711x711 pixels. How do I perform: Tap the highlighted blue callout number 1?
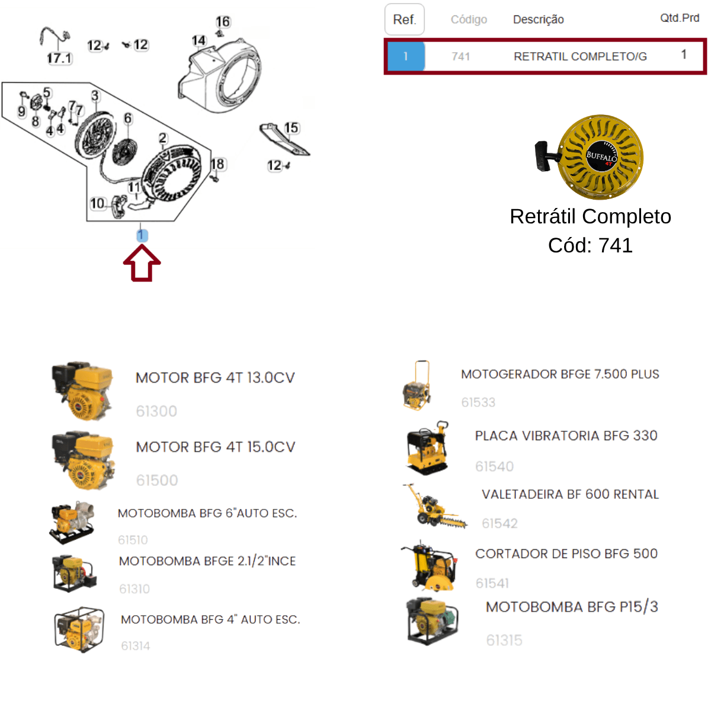click(x=142, y=235)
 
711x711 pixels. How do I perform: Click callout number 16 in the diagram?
click(x=223, y=22)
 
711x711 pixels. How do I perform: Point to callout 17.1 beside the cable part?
click(x=60, y=58)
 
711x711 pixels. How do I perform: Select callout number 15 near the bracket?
click(x=291, y=127)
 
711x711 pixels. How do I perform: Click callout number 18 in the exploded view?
click(x=217, y=164)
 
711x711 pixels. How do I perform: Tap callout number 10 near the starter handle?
click(x=97, y=203)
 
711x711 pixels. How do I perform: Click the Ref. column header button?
click(x=405, y=19)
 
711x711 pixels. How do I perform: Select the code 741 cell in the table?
click(x=461, y=56)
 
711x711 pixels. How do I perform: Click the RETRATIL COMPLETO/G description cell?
click(x=580, y=56)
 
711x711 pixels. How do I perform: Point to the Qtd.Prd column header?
click(x=680, y=18)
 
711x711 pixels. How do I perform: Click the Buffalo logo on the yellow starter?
click(x=601, y=156)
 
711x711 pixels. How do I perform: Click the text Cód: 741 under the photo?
click(x=590, y=245)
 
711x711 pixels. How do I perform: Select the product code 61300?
click(x=156, y=411)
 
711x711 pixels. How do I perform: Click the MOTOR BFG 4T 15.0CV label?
click(x=216, y=447)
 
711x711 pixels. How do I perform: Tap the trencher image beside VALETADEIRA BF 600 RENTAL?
click(x=435, y=506)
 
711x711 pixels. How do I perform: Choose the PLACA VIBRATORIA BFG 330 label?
click(x=566, y=435)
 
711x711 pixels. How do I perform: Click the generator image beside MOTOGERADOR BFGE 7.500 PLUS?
click(x=417, y=385)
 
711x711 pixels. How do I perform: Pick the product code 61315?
click(x=504, y=640)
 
